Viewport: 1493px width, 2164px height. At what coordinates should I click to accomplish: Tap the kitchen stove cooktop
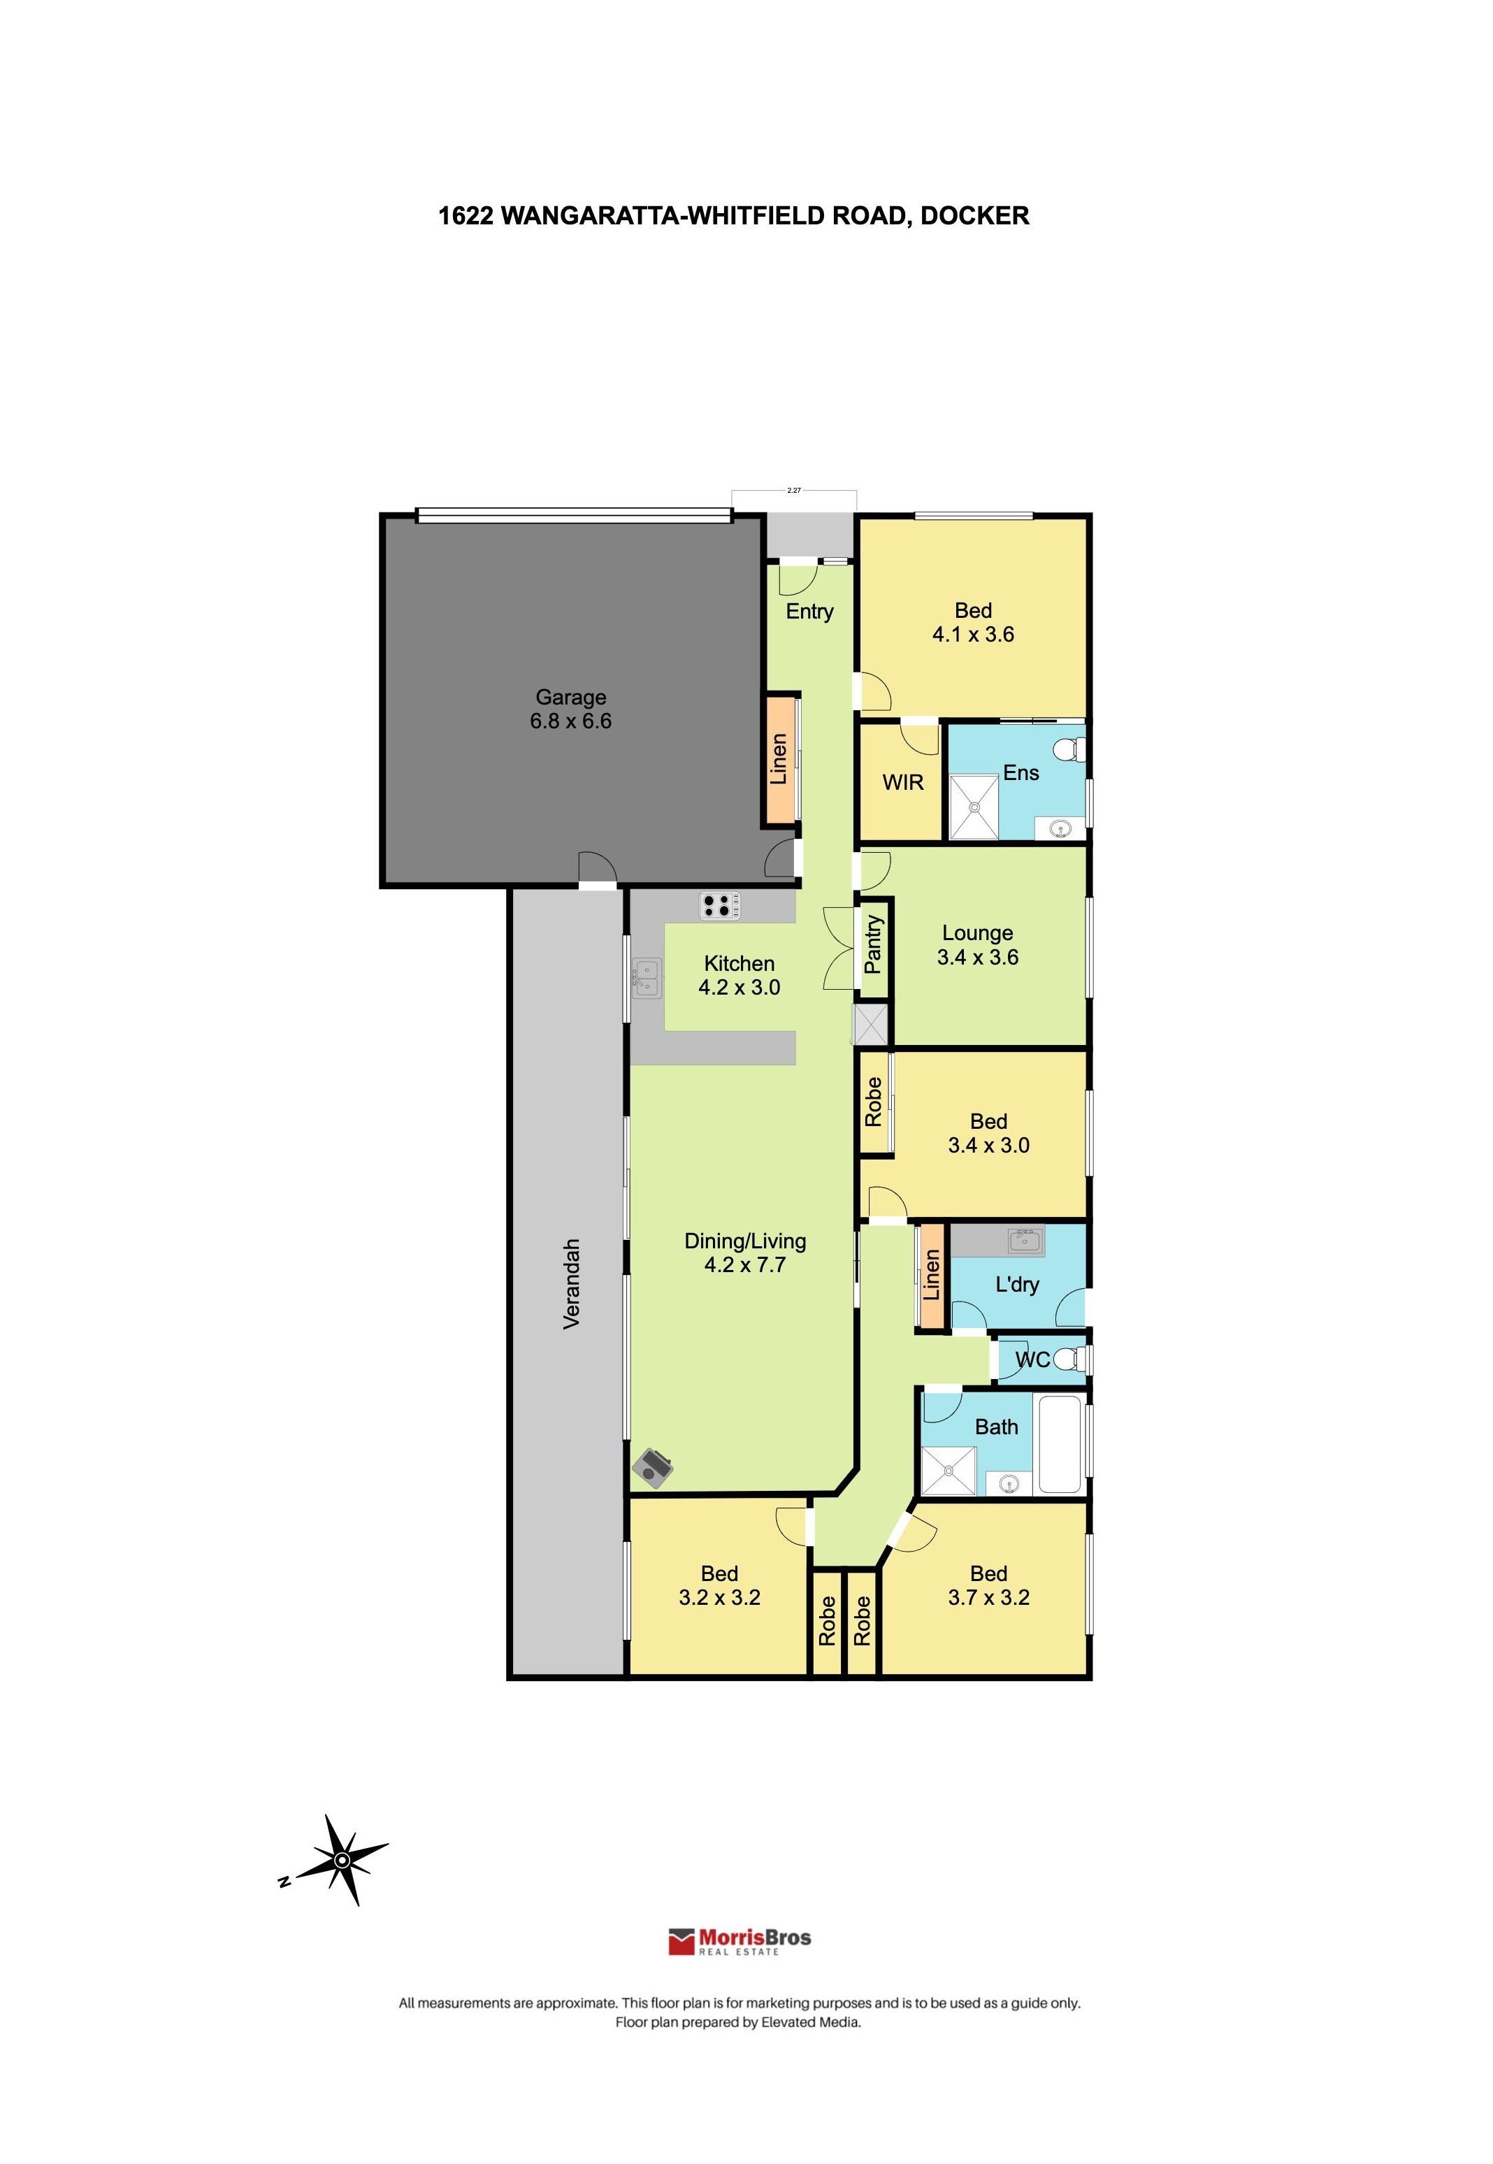click(721, 905)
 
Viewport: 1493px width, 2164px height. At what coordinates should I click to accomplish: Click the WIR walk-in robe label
click(903, 782)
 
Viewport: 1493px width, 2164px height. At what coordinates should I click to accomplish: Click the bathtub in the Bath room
click(1060, 1443)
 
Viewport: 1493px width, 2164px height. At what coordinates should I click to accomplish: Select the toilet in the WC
click(1070, 1359)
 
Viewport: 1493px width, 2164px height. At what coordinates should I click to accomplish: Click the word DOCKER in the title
click(975, 216)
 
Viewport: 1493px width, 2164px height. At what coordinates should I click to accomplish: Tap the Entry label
click(809, 612)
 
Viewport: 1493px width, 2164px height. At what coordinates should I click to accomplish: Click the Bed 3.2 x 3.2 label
click(719, 1585)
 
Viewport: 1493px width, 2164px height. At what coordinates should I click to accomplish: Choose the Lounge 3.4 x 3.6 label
click(978, 944)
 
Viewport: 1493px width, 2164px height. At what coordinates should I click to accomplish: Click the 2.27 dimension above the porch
click(794, 490)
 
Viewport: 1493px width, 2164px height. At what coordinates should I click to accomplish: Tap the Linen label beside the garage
click(779, 758)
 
